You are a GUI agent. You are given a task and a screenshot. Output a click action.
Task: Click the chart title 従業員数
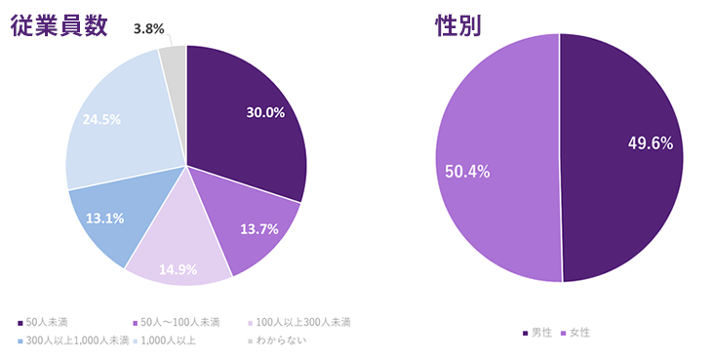(x=58, y=25)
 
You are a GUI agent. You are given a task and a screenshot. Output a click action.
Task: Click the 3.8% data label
(x=147, y=29)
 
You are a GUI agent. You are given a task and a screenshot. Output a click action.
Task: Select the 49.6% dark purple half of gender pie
(x=624, y=146)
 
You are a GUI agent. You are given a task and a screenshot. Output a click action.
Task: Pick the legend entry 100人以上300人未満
(x=302, y=321)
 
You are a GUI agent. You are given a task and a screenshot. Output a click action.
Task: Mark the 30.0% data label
(x=265, y=112)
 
